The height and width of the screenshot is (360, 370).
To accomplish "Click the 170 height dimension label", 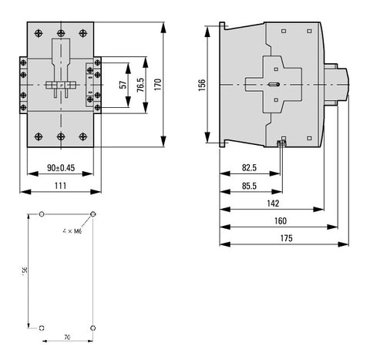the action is pos(158,85).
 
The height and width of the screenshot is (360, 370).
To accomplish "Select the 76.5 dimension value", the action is pos(140,85).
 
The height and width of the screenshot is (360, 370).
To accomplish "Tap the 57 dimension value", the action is pos(123,85).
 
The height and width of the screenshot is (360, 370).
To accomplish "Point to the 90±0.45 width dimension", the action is pos(61,168).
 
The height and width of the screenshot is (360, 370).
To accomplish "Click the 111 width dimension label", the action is pos(61,186).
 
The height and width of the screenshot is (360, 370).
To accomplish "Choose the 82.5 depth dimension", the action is pos(249,168).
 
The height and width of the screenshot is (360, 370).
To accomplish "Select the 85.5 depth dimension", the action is pos(249,186).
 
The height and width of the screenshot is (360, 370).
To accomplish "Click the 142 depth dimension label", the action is pos(273,204).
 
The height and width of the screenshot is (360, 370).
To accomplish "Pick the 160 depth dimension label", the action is pos(280,221).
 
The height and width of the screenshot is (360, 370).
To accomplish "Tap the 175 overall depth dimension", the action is pos(286,238).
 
